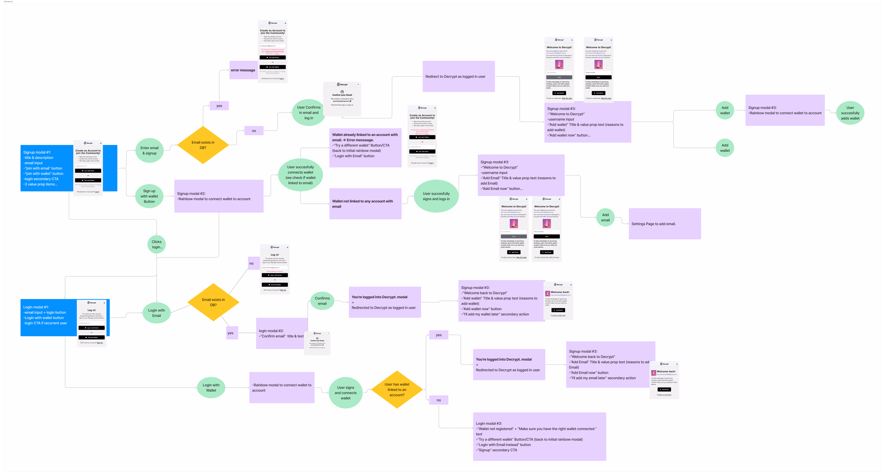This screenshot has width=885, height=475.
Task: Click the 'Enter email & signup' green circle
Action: pyautogui.click(x=150, y=150)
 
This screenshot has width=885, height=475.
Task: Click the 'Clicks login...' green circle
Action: pyautogui.click(x=157, y=244)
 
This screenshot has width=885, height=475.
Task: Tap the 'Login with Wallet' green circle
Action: pyautogui.click(x=211, y=388)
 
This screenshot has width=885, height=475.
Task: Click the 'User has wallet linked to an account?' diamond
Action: pyautogui.click(x=397, y=389)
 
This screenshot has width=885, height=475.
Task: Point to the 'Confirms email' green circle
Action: pyautogui.click(x=322, y=301)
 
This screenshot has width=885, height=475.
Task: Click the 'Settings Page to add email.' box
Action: pyautogui.click(x=664, y=224)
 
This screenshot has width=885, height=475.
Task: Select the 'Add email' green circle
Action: pyautogui.click(x=605, y=218)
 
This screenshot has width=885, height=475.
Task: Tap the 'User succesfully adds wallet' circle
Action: pyautogui.click(x=850, y=113)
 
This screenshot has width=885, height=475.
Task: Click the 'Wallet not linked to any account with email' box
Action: pyautogui.click(x=365, y=204)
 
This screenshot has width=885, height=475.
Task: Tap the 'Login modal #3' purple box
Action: pyautogui.click(x=539, y=437)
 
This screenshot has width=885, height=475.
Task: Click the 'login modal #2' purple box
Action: pyautogui.click(x=280, y=333)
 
